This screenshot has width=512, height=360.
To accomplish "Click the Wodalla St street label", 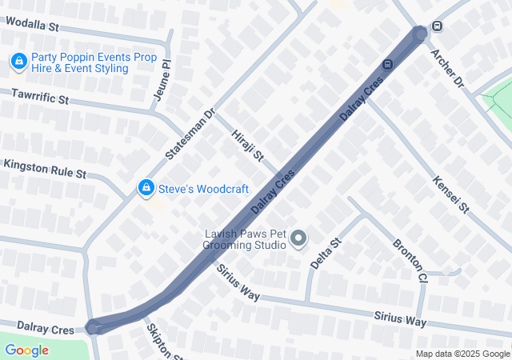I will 31,26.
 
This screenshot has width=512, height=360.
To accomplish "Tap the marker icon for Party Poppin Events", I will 18,61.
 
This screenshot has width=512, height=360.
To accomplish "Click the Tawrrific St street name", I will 40,98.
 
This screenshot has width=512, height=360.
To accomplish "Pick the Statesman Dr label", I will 190,132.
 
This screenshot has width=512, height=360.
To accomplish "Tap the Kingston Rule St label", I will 44,168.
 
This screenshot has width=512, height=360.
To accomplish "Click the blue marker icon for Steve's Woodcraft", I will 146,188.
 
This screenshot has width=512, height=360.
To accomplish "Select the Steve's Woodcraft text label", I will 203,189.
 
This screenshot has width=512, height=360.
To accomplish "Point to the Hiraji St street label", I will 246,145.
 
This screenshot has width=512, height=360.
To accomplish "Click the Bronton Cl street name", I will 410,259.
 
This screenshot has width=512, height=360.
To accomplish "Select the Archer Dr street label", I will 446,67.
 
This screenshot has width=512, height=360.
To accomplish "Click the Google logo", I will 26,350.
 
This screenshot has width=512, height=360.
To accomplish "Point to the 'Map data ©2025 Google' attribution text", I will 462,354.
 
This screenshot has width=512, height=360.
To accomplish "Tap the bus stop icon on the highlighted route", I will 387,64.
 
